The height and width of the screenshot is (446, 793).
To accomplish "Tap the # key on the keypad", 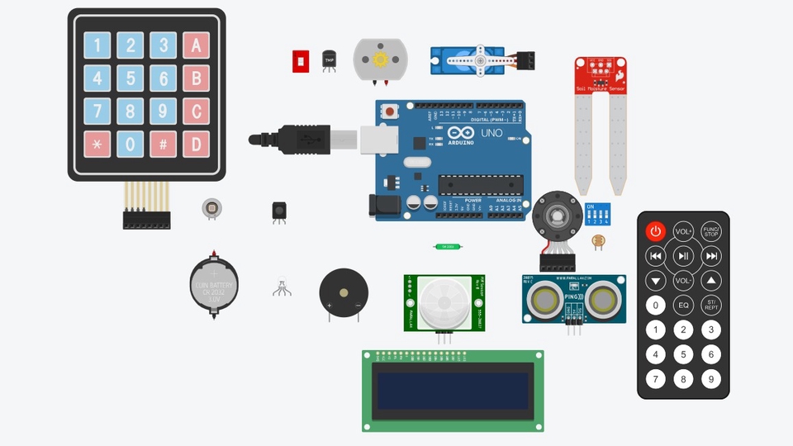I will [x=163, y=145].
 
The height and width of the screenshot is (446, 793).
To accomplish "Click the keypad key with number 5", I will [x=130, y=78].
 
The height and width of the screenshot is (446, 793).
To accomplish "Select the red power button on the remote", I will [x=656, y=231].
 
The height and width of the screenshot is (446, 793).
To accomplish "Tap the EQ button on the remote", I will [x=683, y=306].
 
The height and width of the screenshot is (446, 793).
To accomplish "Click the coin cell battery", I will [x=214, y=284].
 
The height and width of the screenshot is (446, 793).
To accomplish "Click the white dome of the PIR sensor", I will [x=444, y=301].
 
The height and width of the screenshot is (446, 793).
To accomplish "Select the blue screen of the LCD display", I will [x=453, y=391].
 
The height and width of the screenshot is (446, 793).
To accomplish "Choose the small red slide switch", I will [x=301, y=61].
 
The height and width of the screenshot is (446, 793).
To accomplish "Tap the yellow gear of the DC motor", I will [x=380, y=59].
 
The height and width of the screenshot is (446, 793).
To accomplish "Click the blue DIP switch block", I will [x=596, y=216].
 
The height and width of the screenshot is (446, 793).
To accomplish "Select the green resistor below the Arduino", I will [x=448, y=246].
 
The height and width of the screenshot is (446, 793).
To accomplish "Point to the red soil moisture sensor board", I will [x=601, y=75].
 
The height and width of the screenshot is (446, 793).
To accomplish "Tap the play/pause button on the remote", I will [x=683, y=256].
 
